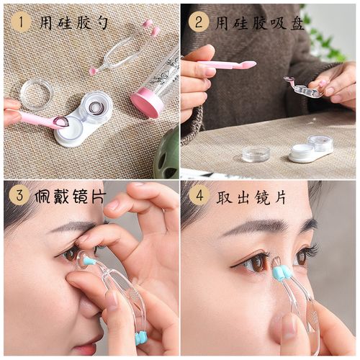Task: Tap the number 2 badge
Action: coord(199,22)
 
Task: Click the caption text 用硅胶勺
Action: coord(73,23)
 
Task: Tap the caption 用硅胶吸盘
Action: coord(258,23)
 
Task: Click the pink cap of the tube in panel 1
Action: coord(146,102)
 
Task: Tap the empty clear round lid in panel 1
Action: coord(36,94)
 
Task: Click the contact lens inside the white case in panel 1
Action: coord(94,108)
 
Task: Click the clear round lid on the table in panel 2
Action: coord(256,153)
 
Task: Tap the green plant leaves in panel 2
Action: coord(328,43)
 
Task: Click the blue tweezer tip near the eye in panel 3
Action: coord(88,260)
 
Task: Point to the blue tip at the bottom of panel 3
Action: coord(141,338)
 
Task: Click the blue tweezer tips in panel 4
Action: coord(281,272)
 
